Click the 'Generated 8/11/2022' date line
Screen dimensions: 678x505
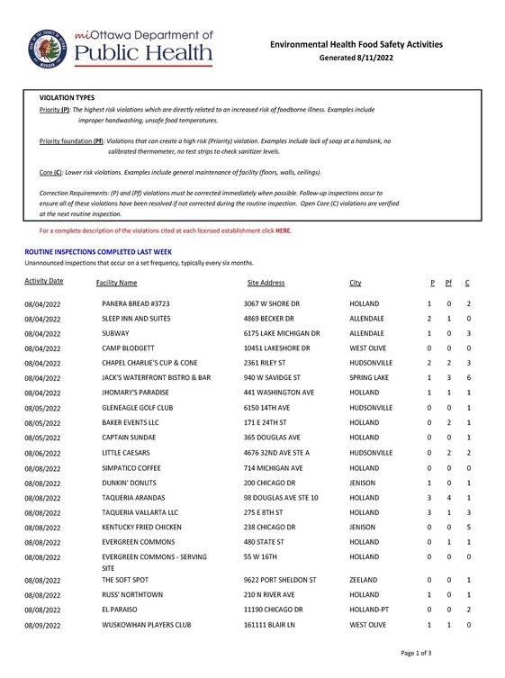358,57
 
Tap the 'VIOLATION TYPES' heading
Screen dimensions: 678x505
67,96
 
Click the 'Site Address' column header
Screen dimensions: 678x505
266,283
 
